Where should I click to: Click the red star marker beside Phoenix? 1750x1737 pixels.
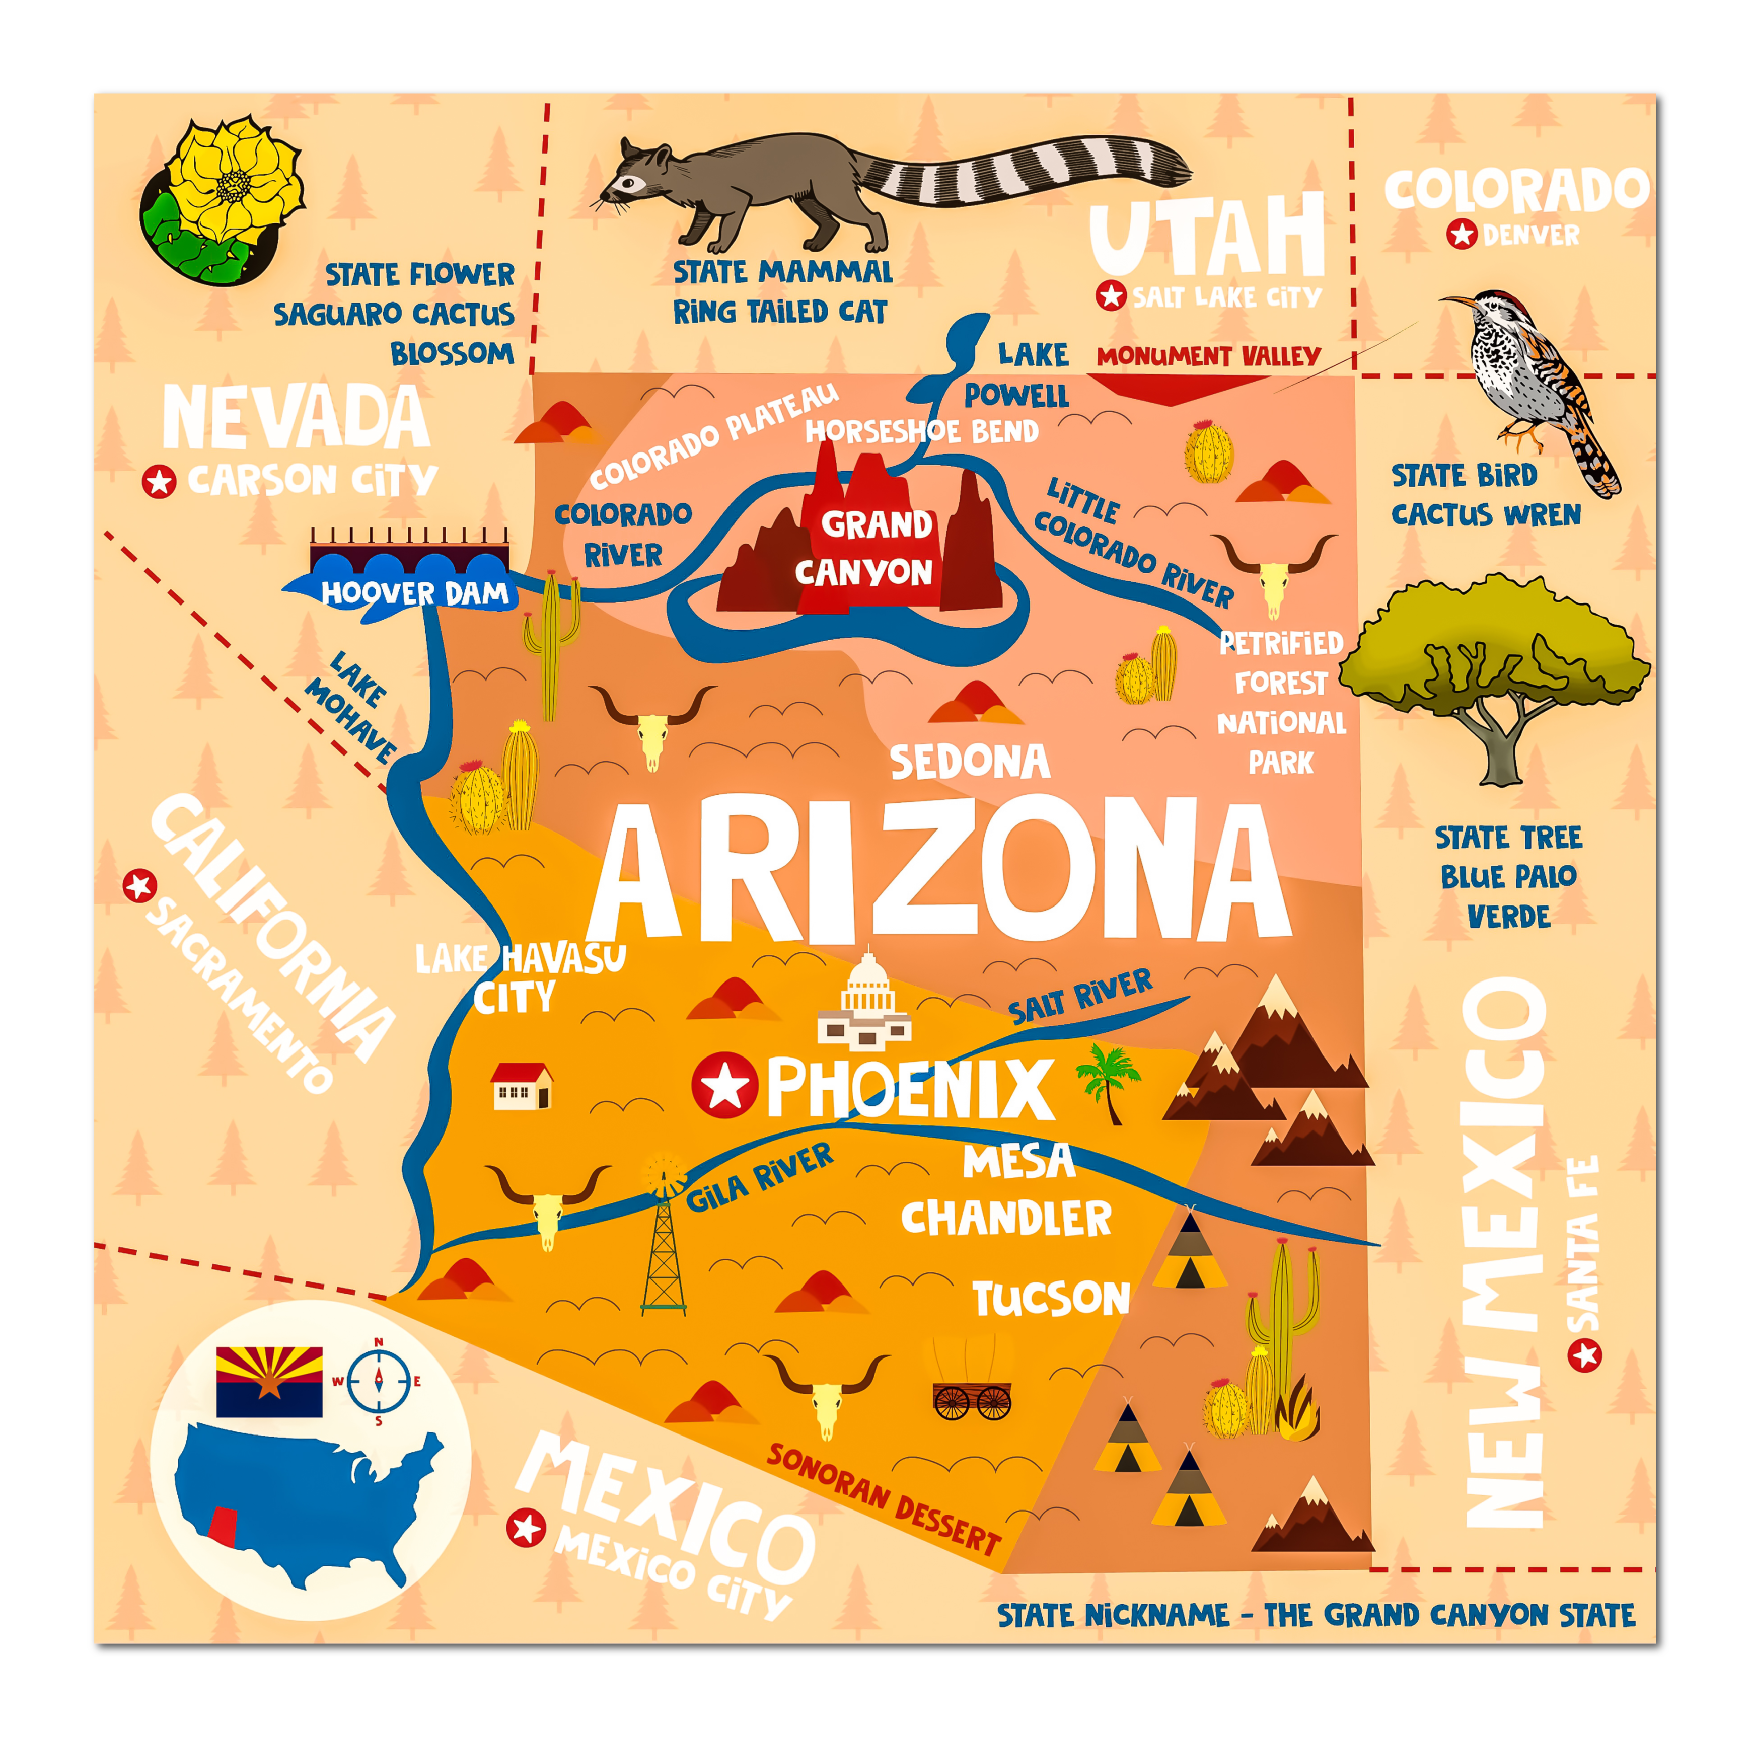tap(724, 1085)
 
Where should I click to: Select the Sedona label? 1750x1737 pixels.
tap(969, 763)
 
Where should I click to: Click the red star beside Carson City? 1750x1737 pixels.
tap(160, 482)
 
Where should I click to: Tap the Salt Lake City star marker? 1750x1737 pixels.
tap(1111, 296)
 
